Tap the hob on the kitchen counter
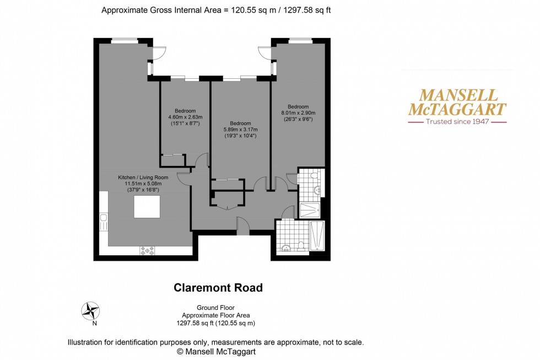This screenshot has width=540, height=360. click(147, 250)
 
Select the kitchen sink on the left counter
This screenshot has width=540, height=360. click(103, 223)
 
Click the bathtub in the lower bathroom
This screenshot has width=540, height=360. click(317, 235)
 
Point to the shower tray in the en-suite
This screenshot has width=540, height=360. click(310, 210)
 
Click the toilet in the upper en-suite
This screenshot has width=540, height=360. click(314, 176)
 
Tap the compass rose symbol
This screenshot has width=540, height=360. click(90, 311)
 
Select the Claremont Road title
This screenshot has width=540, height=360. click(218, 288)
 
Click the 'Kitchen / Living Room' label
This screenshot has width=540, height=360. click(139, 178)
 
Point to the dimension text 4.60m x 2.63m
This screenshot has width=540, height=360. click(185, 117)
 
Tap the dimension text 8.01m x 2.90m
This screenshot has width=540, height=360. click(298, 113)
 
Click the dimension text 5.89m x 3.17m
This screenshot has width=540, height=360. click(240, 130)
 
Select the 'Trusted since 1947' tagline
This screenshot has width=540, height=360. click(457, 121)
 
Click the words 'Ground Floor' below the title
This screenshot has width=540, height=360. click(215, 308)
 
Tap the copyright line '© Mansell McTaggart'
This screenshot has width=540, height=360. click(215, 351)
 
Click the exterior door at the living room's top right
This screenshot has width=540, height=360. click(159, 53)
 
